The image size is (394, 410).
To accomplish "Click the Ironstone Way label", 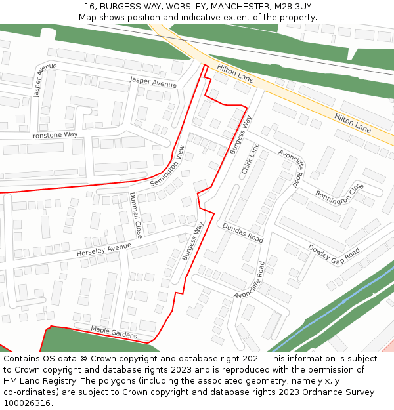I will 54,135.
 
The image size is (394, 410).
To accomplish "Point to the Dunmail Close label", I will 135,215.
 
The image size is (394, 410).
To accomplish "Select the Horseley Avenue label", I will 104,249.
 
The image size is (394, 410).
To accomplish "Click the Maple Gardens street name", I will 114,333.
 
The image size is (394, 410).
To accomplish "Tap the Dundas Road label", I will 242,232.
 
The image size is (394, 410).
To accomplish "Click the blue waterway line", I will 341,301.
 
